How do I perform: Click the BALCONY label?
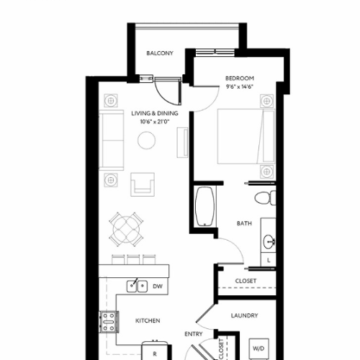click(x=160, y=53)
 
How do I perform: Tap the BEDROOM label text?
click(x=239, y=78)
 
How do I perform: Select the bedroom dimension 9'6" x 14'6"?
click(x=239, y=87)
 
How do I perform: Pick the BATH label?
click(x=244, y=223)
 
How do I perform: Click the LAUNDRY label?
click(x=245, y=315)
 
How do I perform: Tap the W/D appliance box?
click(x=258, y=349)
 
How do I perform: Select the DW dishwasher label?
click(x=158, y=287)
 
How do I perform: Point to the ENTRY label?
click(x=193, y=334)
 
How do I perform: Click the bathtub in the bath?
click(x=204, y=208)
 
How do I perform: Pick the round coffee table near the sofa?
click(x=147, y=142)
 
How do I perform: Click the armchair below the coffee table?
click(x=143, y=184)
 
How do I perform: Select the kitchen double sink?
click(x=138, y=287)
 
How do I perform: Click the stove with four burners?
click(x=109, y=321)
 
